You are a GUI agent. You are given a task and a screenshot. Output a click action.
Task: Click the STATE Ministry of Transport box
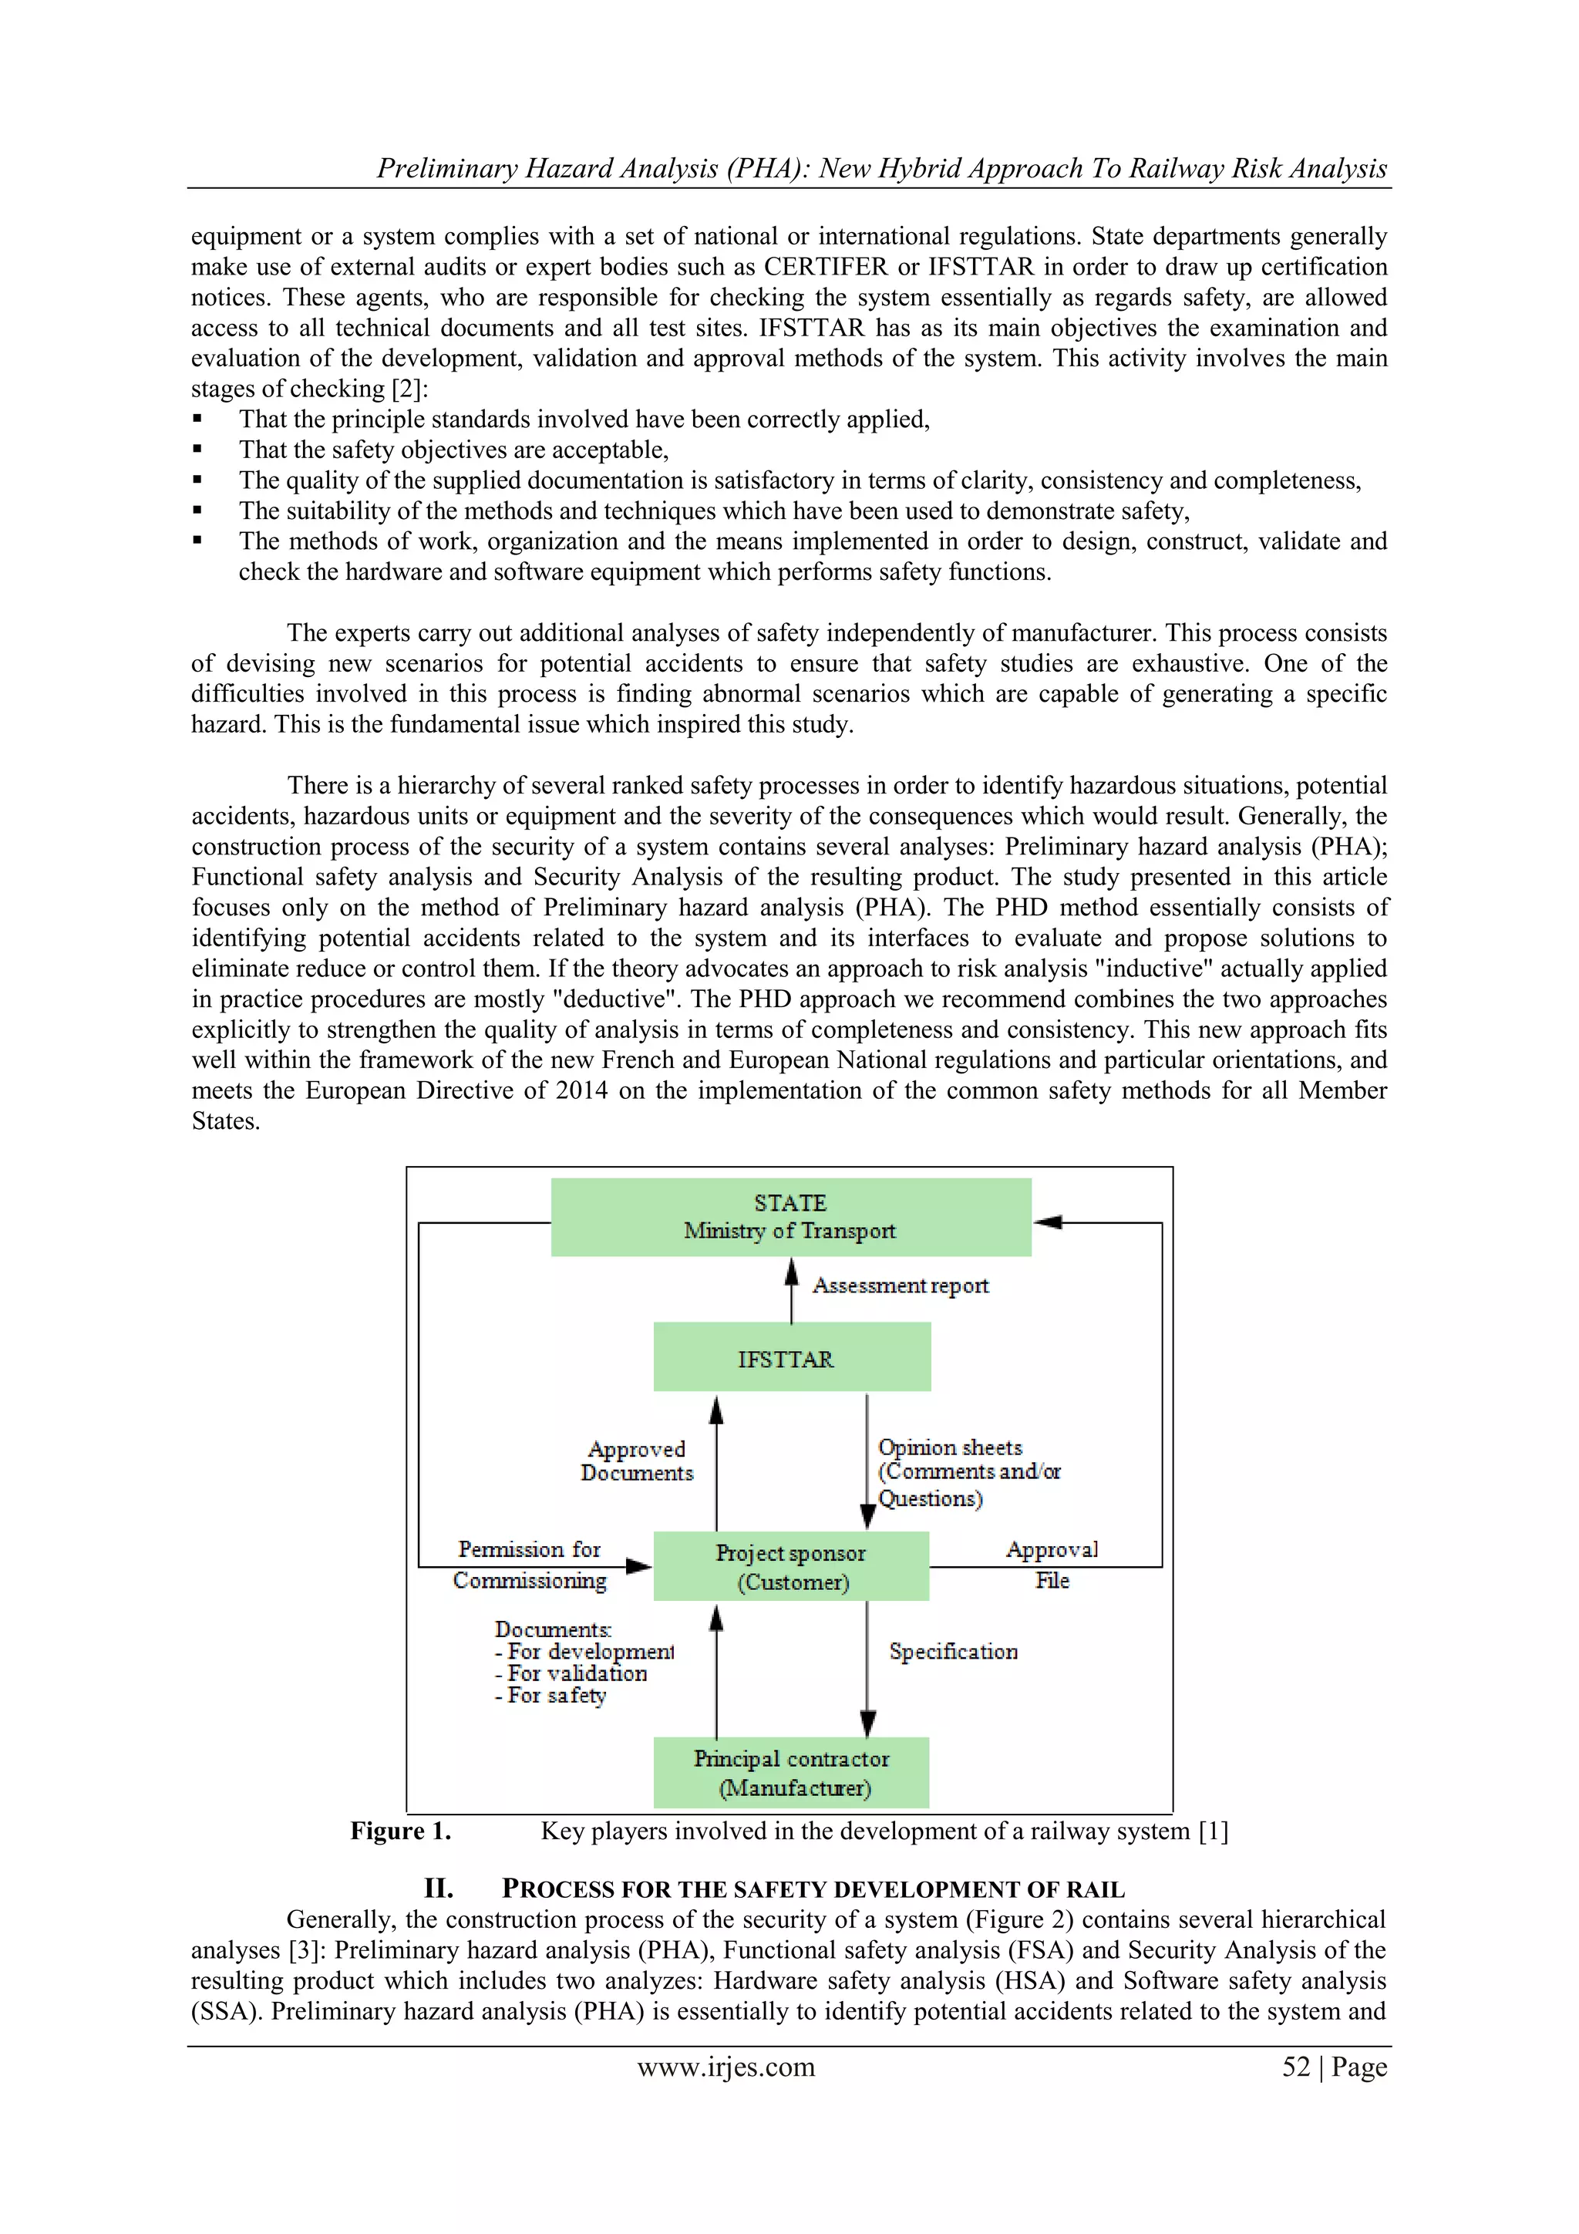click(790, 1216)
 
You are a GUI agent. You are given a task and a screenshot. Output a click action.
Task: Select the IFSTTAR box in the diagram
click(791, 1357)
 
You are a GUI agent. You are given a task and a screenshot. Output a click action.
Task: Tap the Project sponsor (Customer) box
click(791, 1566)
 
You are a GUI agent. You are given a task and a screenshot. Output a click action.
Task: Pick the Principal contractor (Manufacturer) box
click(791, 1773)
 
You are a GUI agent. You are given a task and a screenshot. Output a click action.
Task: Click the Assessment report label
click(900, 1285)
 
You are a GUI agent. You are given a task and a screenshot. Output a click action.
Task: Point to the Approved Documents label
click(638, 1461)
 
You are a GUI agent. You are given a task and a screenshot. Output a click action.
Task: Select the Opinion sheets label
click(951, 1447)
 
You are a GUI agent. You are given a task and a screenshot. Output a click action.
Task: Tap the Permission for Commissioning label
click(530, 1565)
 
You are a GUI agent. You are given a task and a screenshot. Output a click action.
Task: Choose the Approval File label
click(1052, 1565)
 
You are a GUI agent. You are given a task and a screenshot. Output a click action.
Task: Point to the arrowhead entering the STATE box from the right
click(1047, 1222)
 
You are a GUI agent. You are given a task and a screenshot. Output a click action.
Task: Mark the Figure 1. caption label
click(401, 1831)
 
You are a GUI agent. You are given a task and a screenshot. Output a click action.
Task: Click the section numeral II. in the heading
click(439, 1889)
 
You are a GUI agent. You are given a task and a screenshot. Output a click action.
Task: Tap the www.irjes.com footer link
click(726, 2067)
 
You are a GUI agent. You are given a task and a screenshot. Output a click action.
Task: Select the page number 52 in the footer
click(1296, 2067)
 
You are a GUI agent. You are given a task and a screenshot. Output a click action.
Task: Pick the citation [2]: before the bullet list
click(409, 389)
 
